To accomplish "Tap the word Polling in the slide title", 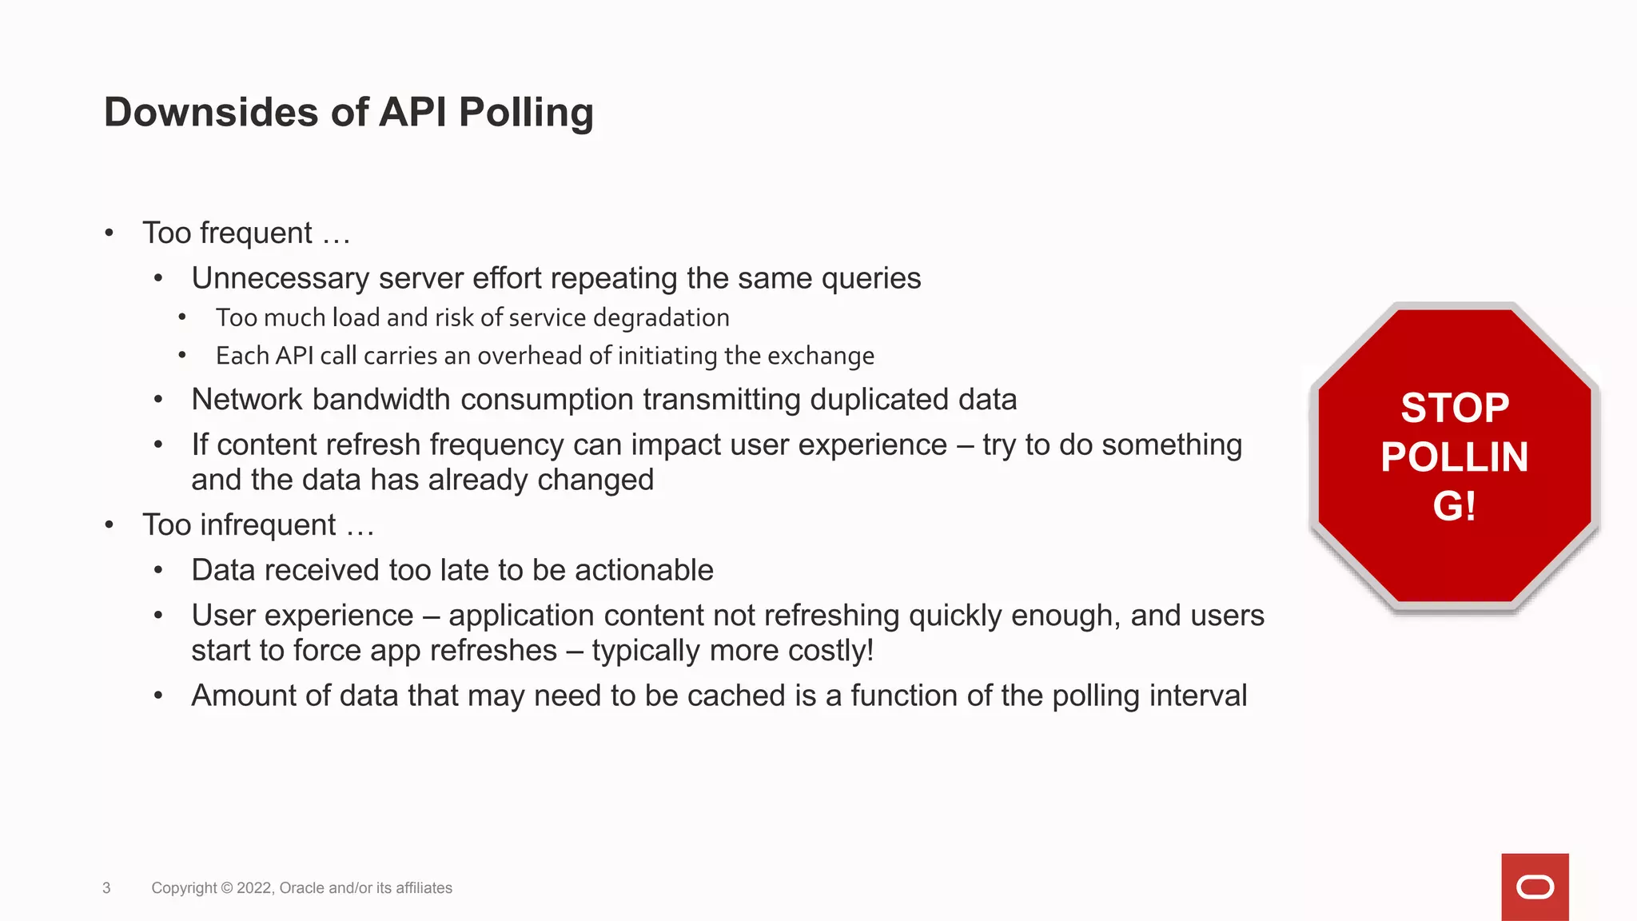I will click(x=526, y=112).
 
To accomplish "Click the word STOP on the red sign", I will click(x=1455, y=408).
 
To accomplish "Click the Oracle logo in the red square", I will click(x=1535, y=887).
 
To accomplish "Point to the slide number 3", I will click(x=106, y=888).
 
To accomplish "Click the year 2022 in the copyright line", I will click(x=254, y=888).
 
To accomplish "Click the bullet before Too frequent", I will click(x=110, y=233).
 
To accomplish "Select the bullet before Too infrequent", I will click(x=110, y=525).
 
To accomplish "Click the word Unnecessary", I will click(x=280, y=278).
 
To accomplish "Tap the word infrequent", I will click(x=268, y=525).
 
